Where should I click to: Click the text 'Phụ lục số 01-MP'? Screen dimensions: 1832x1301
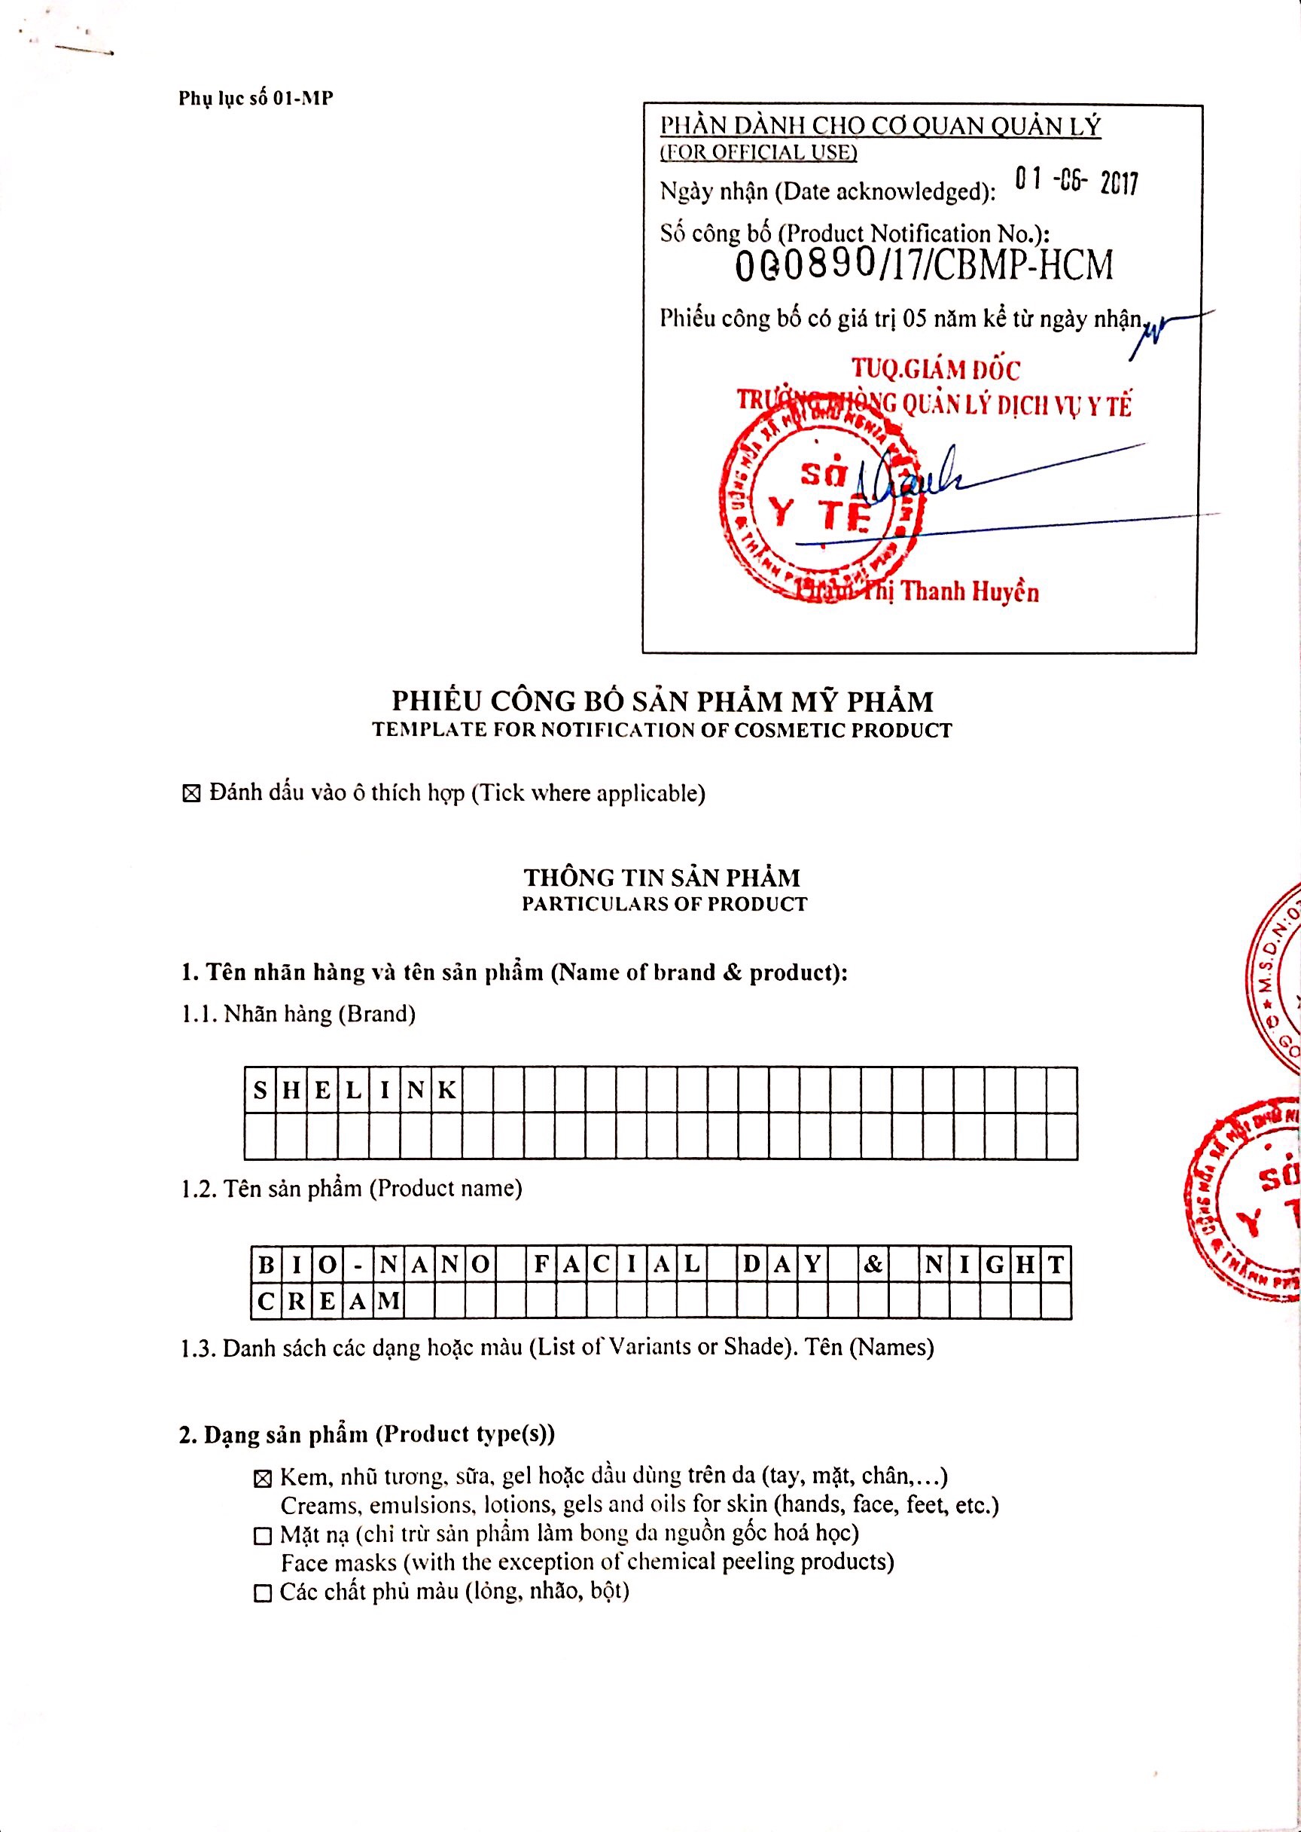[x=255, y=99]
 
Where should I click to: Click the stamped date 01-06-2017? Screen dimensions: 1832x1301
[x=1075, y=182]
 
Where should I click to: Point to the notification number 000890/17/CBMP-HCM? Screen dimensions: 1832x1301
[x=924, y=266]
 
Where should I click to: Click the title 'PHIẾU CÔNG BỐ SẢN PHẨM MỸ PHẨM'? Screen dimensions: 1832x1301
[x=662, y=701]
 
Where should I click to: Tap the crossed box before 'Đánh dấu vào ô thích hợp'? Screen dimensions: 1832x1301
[x=190, y=794]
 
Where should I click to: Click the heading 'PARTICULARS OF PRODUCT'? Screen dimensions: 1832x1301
[x=664, y=904]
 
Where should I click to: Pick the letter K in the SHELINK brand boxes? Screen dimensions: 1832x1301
[x=446, y=1090]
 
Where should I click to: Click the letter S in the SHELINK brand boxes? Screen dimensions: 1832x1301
[x=260, y=1090]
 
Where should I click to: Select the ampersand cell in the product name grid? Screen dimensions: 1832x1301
[x=873, y=1265]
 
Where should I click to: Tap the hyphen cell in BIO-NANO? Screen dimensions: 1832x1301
[x=358, y=1266]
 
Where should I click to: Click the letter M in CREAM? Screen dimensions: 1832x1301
[x=388, y=1301]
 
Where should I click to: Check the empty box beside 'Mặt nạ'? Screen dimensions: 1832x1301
[x=262, y=1535]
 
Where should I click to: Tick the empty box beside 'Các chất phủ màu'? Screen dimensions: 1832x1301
[x=262, y=1593]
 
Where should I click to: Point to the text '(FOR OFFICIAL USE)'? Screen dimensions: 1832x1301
[x=758, y=152]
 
